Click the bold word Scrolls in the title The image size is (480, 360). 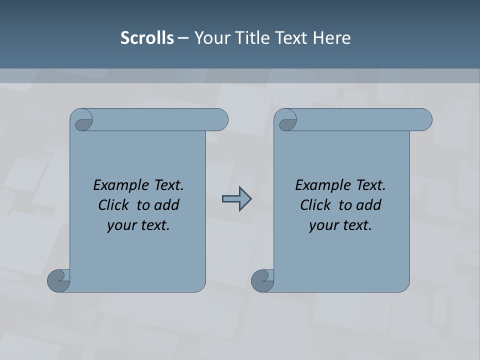pos(147,38)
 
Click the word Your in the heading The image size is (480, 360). pos(211,38)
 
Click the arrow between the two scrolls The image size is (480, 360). pos(236,199)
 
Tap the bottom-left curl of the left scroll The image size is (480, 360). pos(58,280)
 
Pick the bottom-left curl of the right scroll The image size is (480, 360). pos(262,280)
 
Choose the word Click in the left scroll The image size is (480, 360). pos(109,205)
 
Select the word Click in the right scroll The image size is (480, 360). pos(311,205)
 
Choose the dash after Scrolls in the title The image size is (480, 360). pos(183,38)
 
